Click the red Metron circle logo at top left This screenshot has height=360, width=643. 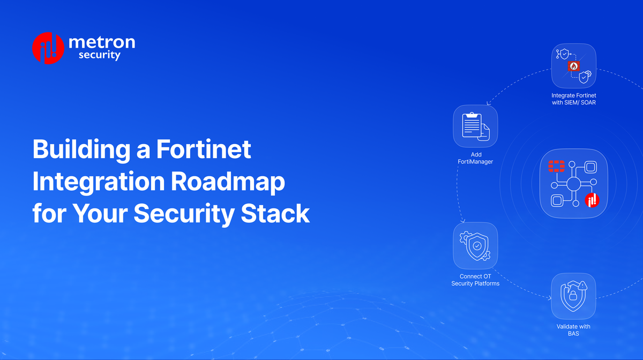(49, 48)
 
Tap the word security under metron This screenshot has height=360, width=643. (99, 55)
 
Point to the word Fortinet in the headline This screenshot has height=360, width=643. (204, 149)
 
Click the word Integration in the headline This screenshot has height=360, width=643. (98, 182)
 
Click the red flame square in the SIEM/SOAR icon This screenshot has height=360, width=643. (573, 66)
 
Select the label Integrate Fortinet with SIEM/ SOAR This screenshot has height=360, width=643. (573, 99)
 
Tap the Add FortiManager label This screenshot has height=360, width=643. (475, 158)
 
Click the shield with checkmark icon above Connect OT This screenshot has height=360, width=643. (475, 246)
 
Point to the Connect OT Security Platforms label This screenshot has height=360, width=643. (475, 280)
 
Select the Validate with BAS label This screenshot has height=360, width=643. (573, 330)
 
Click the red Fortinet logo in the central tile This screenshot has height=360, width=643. (557, 166)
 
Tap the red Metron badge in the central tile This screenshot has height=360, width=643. (592, 200)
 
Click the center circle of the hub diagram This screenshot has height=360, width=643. (573, 184)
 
